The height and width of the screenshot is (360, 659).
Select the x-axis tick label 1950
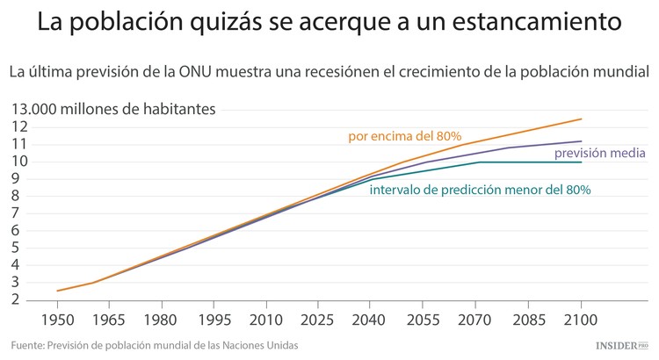pyautogui.click(x=58, y=320)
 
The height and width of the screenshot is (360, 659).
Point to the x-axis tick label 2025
pyautogui.click(x=317, y=320)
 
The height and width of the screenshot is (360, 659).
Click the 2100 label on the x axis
pyautogui.click(x=581, y=320)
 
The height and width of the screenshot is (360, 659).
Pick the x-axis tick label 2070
pyautogui.click(x=477, y=320)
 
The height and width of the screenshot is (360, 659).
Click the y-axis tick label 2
pyautogui.click(x=16, y=299)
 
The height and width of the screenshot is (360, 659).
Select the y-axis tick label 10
pyautogui.click(x=19, y=162)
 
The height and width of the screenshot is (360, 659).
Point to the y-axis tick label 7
pyautogui.click(x=16, y=213)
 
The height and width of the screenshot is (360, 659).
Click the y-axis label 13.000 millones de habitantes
pyautogui.click(x=112, y=109)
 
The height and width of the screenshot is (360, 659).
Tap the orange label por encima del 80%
pyautogui.click(x=405, y=136)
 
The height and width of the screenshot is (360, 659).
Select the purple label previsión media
pyautogui.click(x=600, y=154)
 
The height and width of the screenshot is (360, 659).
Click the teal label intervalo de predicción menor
pyautogui.click(x=480, y=189)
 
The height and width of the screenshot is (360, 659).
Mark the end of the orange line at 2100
pyautogui.click(x=581, y=119)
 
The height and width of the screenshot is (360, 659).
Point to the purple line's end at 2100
pyautogui.click(x=581, y=141)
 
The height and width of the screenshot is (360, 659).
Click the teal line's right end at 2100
pyautogui.click(x=581, y=162)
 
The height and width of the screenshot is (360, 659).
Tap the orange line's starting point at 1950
pyautogui.click(x=58, y=291)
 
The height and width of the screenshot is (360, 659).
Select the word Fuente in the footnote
pyautogui.click(x=29, y=346)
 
